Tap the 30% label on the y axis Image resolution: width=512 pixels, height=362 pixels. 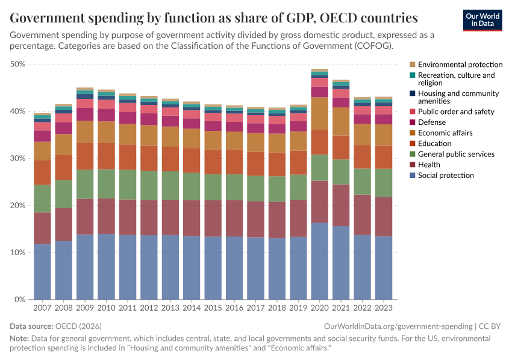coord(17,158)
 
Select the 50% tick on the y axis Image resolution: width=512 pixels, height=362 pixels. coord(17,64)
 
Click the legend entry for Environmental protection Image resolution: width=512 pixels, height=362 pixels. coord(460,65)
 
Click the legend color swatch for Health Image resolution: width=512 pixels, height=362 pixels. coord(413,165)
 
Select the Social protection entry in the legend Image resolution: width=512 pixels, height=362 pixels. coord(446,176)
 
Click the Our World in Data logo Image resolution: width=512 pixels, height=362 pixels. coord(482,20)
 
